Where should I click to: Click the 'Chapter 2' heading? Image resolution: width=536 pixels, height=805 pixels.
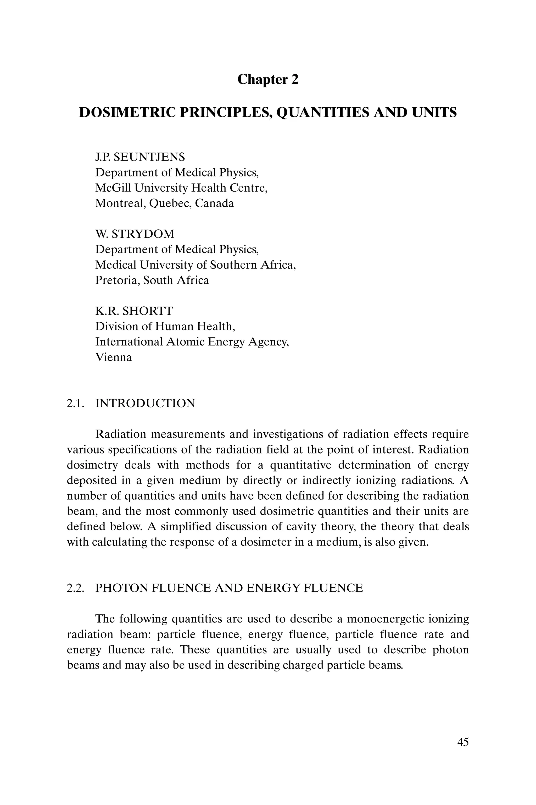pyautogui.click(x=268, y=79)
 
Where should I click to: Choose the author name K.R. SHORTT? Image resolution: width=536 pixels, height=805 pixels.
pyautogui.click(x=134, y=311)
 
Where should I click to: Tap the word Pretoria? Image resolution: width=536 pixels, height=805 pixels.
pyautogui.click(x=116, y=280)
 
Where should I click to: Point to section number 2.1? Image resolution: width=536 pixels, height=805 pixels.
pyautogui.click(x=75, y=403)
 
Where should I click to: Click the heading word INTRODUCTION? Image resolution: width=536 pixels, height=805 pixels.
pyautogui.click(x=145, y=403)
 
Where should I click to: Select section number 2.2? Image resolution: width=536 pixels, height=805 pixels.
pyautogui.click(x=75, y=588)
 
